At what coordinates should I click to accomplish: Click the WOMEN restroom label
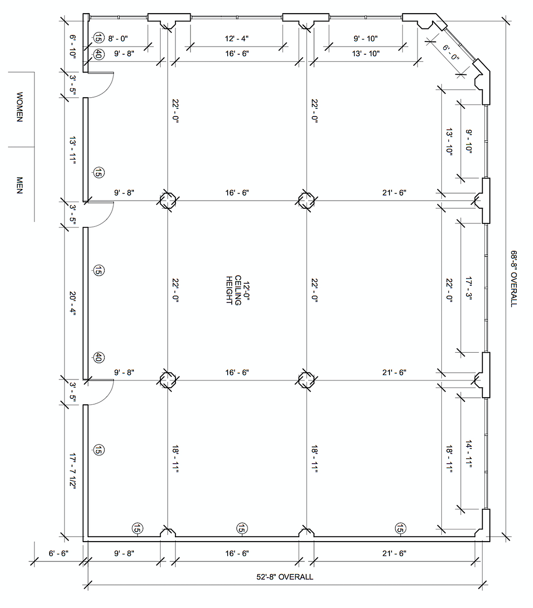19,107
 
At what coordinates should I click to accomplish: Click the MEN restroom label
19,185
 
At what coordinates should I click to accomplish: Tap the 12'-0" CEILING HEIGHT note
237,290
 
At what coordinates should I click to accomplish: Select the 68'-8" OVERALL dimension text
514,279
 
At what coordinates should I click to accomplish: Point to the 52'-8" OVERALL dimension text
285,577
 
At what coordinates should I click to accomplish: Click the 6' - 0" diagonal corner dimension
451,53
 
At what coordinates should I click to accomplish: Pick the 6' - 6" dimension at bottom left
58,553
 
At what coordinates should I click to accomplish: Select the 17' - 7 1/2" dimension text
73,471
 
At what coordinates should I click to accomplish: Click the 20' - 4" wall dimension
73,303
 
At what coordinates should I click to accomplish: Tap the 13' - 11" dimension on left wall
73,150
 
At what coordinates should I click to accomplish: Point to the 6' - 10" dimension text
73,46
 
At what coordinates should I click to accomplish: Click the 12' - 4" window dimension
236,39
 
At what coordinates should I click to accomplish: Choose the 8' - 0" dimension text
118,39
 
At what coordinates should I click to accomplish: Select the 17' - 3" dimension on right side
469,288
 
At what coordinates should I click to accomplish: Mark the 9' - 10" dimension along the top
365,39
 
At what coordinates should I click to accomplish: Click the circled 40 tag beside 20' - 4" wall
98,358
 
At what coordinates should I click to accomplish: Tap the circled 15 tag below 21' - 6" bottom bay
400,528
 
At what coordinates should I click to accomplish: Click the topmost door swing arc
106,89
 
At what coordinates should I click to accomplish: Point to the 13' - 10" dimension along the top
366,54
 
